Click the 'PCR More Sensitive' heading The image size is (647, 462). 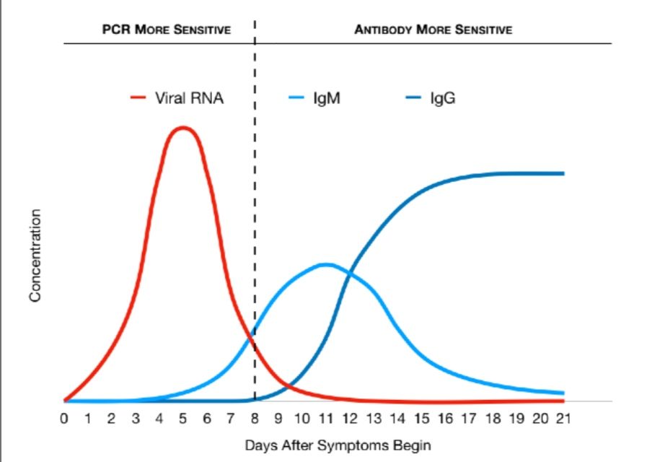point(165,30)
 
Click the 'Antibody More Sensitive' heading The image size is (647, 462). point(433,30)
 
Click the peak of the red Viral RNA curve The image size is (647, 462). point(183,128)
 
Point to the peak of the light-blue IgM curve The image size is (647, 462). point(326,264)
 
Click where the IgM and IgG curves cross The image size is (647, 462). point(349,273)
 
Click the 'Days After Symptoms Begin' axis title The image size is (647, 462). point(338,445)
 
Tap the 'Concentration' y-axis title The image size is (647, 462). point(35,256)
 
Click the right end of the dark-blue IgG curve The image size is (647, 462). point(563,173)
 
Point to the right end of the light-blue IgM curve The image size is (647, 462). point(563,393)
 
